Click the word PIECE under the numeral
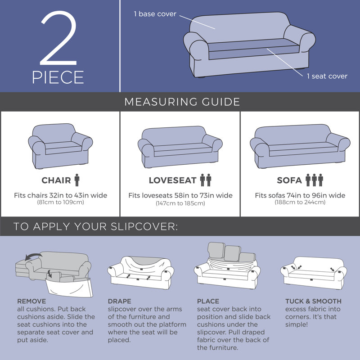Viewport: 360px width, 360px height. (58, 77)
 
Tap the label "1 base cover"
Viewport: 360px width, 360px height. (155, 14)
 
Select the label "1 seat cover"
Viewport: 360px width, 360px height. (327, 76)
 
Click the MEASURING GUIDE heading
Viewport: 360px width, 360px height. (182, 102)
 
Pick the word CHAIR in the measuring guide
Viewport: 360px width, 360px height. (56, 180)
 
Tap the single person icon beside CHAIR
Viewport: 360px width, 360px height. (77, 180)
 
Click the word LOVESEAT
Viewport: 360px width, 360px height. (173, 180)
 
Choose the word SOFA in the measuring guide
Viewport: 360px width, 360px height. (289, 180)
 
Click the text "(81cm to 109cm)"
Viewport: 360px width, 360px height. (61, 202)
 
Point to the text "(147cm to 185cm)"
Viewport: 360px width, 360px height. (180, 203)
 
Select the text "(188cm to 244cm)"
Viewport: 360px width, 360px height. (300, 202)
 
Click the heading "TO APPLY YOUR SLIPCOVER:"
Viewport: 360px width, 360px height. (96, 226)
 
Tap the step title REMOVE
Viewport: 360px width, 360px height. (31, 301)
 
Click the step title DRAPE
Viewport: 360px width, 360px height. (119, 301)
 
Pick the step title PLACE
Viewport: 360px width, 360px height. (208, 301)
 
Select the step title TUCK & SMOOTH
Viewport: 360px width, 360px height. (313, 301)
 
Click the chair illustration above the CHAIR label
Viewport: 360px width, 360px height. (60, 146)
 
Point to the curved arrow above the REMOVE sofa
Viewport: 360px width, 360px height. (33, 255)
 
